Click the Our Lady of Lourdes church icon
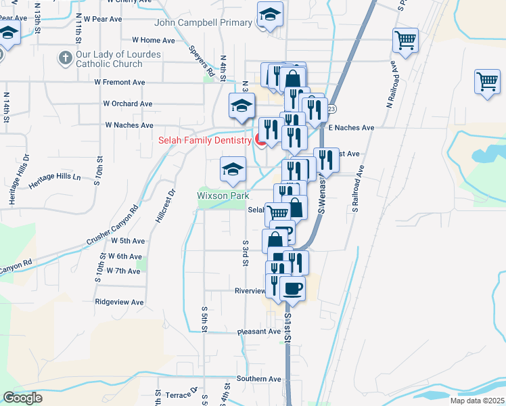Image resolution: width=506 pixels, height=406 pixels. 66,58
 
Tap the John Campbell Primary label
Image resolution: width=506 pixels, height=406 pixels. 203,23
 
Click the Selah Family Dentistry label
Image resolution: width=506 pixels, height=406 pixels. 205,141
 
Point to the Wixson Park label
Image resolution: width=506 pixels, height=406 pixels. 223,196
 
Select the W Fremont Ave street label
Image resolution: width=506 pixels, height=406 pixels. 120,82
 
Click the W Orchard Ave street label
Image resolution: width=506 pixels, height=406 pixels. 127,104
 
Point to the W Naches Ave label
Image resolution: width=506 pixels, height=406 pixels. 129,125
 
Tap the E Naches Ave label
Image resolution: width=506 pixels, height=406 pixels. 351,127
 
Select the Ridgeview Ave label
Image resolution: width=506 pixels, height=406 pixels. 120,302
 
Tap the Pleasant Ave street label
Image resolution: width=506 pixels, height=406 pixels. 258,332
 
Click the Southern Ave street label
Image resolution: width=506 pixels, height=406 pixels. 258,379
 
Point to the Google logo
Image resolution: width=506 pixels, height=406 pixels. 22,398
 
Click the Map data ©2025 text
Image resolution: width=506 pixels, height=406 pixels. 477,401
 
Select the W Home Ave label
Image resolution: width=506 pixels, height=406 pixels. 154,41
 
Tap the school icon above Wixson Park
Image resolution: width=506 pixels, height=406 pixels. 233,169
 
